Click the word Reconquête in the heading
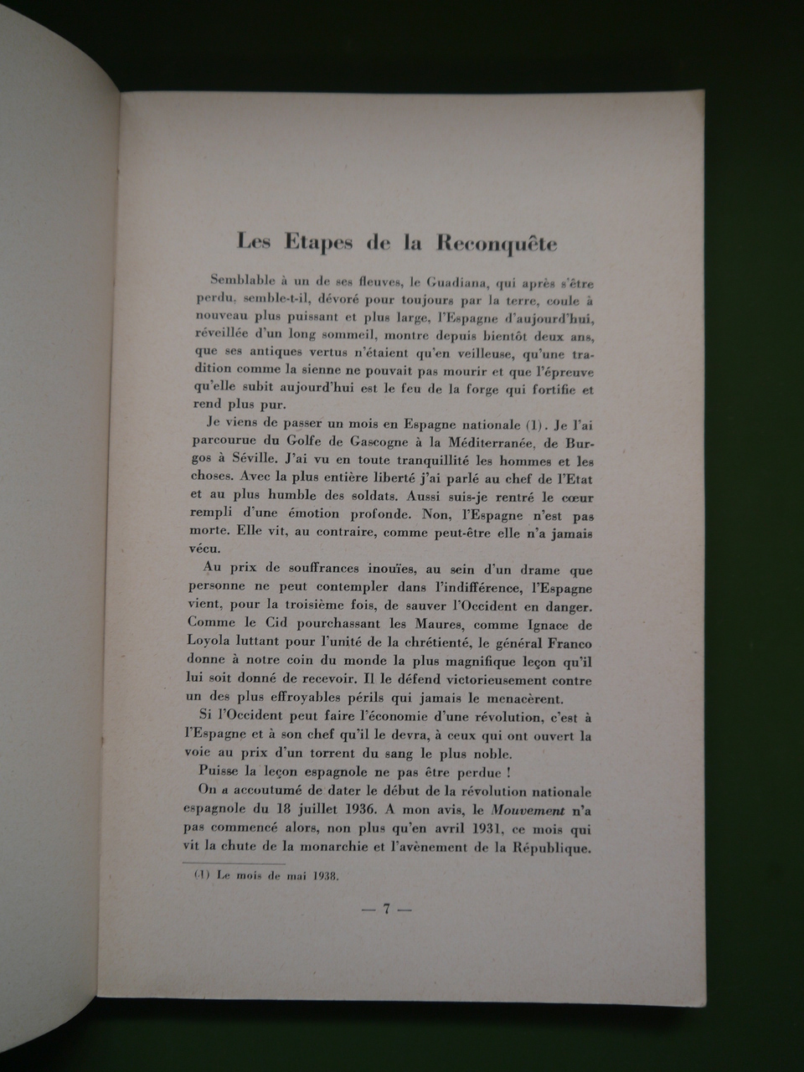point(497,244)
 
